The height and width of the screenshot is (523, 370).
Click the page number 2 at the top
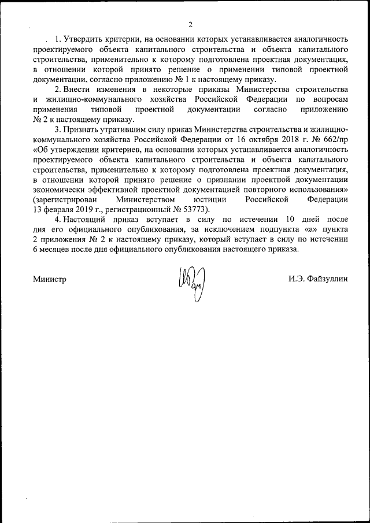(190, 24)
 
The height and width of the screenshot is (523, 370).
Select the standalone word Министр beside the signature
(50, 279)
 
